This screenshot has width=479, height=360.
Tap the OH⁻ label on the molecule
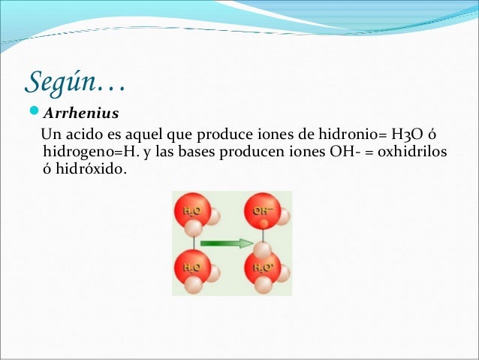tap(263, 211)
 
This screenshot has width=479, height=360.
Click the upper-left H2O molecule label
tap(191, 211)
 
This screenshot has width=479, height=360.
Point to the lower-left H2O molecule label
tap(191, 266)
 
